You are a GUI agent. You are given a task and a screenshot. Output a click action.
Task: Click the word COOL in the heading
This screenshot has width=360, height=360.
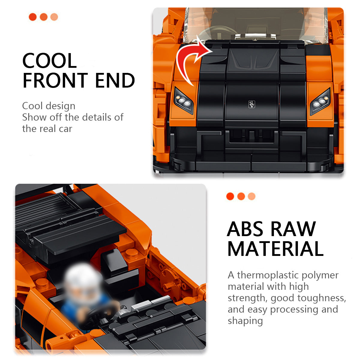click(x=49, y=61)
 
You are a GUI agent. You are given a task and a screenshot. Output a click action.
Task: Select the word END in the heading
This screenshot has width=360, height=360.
click(x=115, y=80)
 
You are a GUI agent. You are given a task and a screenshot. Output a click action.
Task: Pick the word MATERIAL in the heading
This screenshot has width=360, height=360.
click(x=275, y=249)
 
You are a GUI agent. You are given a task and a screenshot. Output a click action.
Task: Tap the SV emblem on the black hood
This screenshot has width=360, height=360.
click(x=252, y=104)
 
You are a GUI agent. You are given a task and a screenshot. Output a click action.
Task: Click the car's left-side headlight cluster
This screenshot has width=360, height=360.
click(x=184, y=100)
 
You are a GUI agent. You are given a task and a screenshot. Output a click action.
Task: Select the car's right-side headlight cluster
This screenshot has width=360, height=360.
click(x=320, y=102)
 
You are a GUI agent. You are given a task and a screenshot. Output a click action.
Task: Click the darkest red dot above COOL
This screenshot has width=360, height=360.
click(x=33, y=17)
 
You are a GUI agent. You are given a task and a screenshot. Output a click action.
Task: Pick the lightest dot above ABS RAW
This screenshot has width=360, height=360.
click(x=251, y=196)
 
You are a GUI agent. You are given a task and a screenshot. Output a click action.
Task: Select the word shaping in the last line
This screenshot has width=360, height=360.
click(x=245, y=322)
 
